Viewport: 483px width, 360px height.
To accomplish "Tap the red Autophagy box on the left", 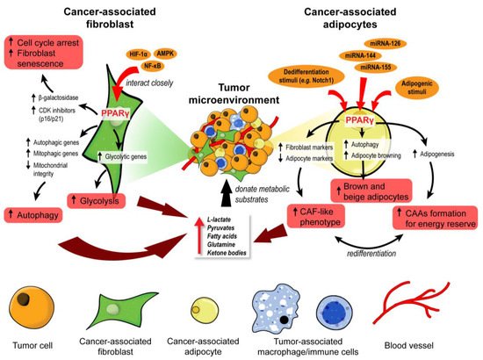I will tap(36, 212).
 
